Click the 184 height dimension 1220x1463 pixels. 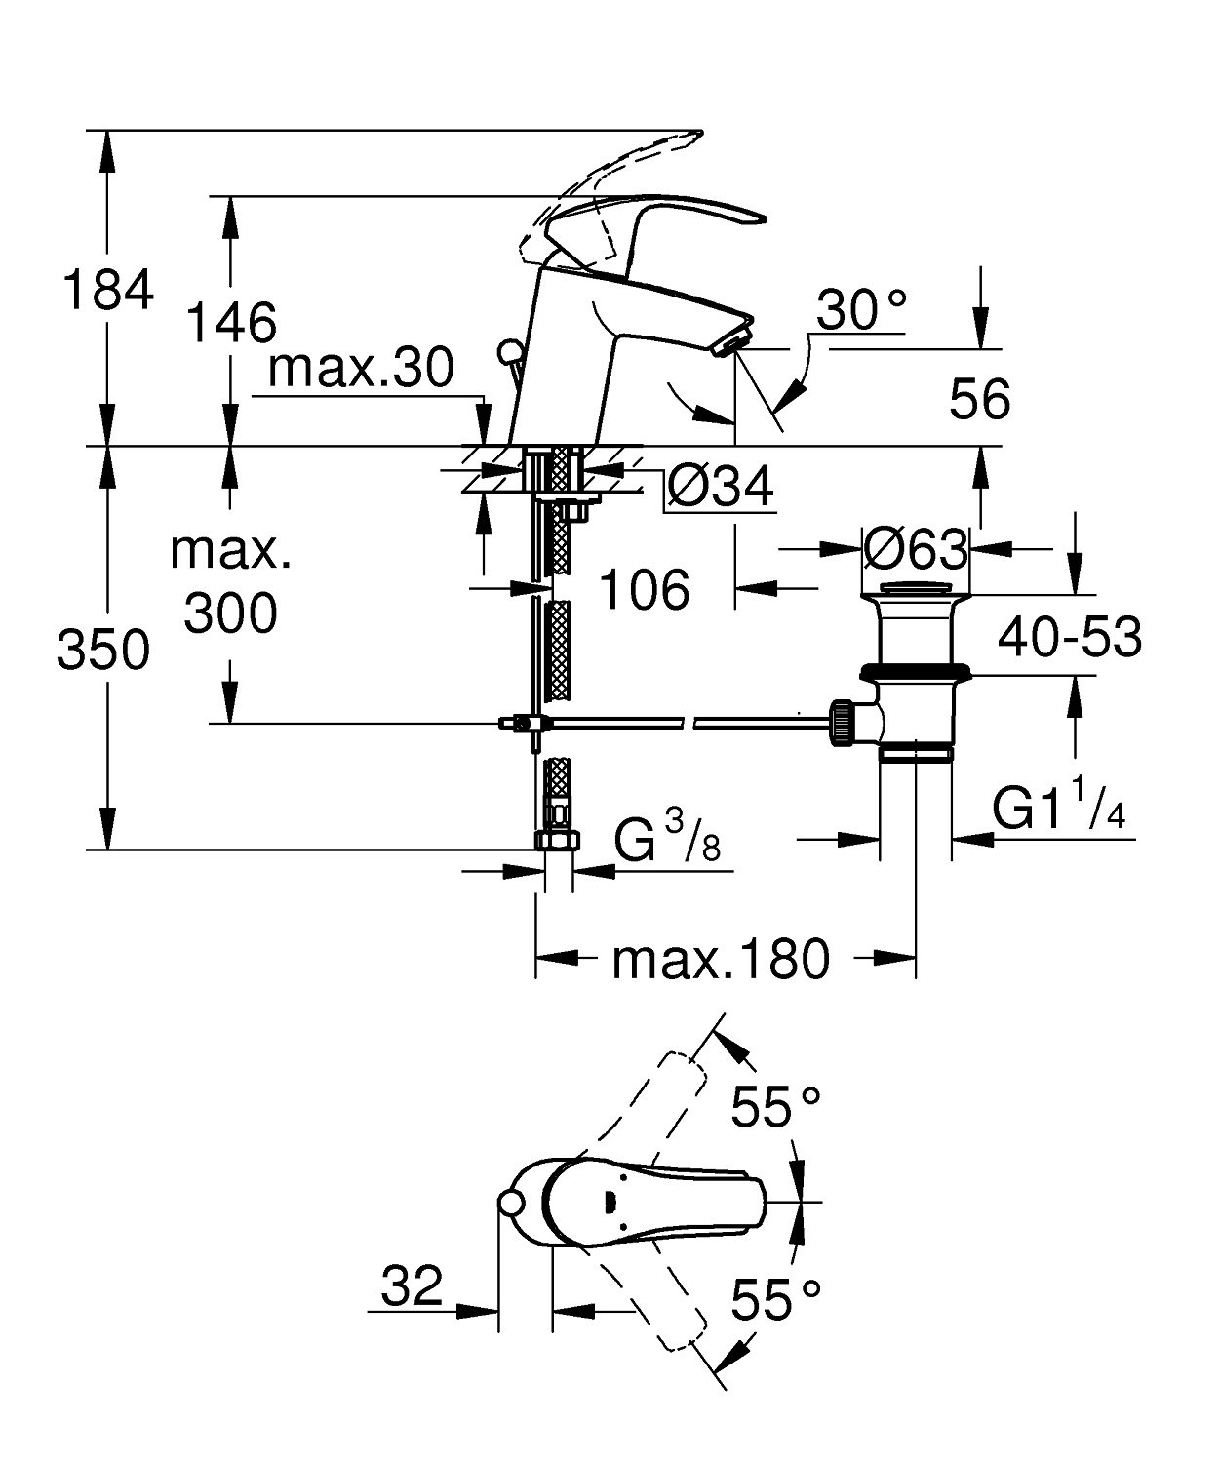pos(107,290)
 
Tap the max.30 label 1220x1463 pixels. pos(362,368)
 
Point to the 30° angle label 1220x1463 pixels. pos(861,310)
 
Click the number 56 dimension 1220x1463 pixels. pos(979,399)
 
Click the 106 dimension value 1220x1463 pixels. pos(645,588)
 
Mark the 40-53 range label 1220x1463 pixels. pos(1070,639)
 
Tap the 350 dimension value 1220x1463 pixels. pos(103,651)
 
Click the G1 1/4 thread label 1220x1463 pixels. pos(1058,809)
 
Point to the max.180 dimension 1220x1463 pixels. pos(721,960)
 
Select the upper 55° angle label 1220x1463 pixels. pos(776,1107)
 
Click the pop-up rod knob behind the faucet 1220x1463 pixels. pos(508,350)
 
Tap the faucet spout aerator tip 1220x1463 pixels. pos(732,342)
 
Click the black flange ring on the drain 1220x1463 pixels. pos(915,673)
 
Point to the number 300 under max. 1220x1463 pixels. pos(231,613)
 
